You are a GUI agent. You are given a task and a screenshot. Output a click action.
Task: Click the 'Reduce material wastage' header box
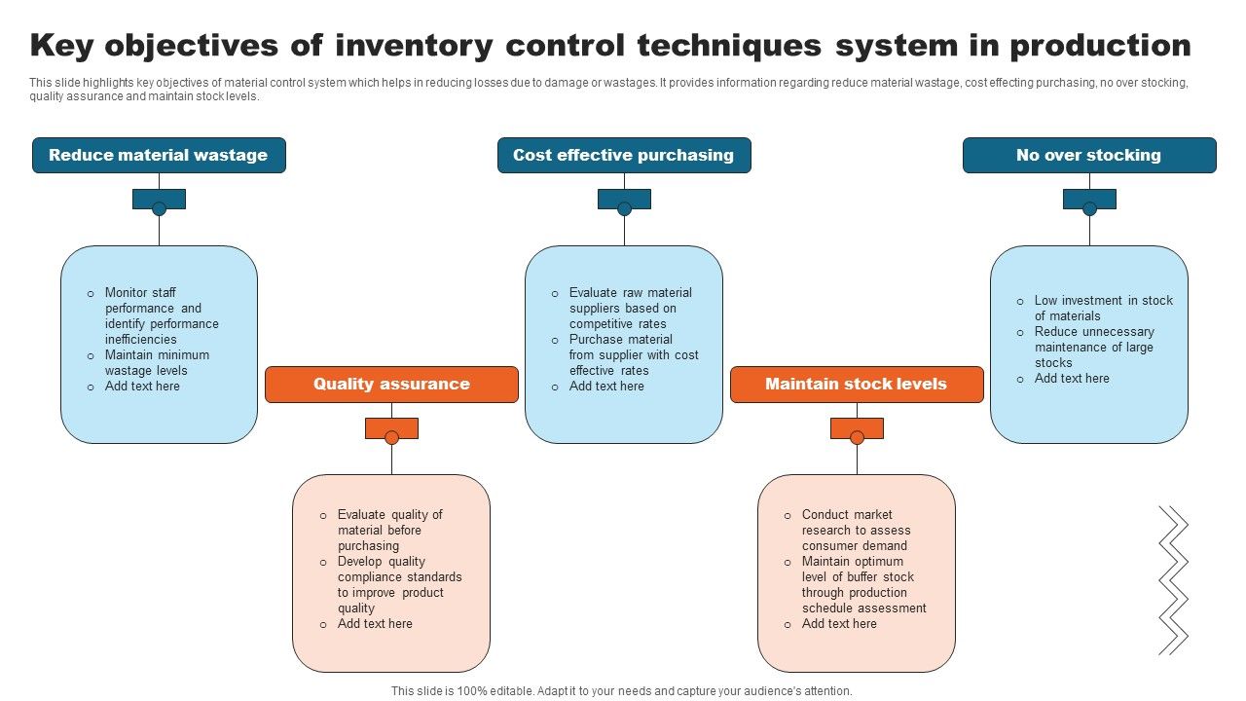pyautogui.click(x=159, y=156)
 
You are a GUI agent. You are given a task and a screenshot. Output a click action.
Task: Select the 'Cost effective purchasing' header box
pyautogui.click(x=624, y=156)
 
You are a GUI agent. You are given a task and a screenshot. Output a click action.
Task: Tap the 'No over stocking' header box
pyautogui.click(x=1089, y=156)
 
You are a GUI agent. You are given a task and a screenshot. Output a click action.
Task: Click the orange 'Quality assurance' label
pyautogui.click(x=391, y=385)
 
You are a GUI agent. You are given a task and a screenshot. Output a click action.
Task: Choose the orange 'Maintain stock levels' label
pyautogui.click(x=857, y=385)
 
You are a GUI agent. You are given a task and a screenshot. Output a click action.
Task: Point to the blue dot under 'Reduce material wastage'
pyautogui.click(x=159, y=208)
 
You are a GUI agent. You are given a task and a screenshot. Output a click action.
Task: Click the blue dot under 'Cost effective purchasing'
pyautogui.click(x=624, y=208)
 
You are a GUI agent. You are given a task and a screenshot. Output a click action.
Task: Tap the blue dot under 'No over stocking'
pyautogui.click(x=1089, y=208)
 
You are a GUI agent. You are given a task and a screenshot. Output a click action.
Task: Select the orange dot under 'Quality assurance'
pyautogui.click(x=391, y=437)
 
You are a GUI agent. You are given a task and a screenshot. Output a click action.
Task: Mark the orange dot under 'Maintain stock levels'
pyautogui.click(x=857, y=437)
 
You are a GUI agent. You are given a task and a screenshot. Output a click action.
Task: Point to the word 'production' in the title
pyautogui.click(x=1100, y=46)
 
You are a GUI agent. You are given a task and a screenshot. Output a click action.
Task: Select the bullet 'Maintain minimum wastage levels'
pyautogui.click(x=157, y=363)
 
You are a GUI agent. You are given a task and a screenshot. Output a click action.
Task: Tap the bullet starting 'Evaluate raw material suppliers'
pyautogui.click(x=631, y=308)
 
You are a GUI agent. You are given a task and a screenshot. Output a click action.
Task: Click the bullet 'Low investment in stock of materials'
pyautogui.click(x=1103, y=308)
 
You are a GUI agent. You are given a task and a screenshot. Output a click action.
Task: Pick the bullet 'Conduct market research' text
pyautogui.click(x=856, y=530)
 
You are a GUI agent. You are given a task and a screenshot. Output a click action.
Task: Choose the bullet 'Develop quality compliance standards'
pyautogui.click(x=399, y=584)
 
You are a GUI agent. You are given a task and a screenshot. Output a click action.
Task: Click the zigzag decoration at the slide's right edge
pyautogui.click(x=1173, y=579)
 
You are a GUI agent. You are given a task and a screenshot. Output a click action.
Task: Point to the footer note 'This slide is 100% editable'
pyautogui.click(x=622, y=691)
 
